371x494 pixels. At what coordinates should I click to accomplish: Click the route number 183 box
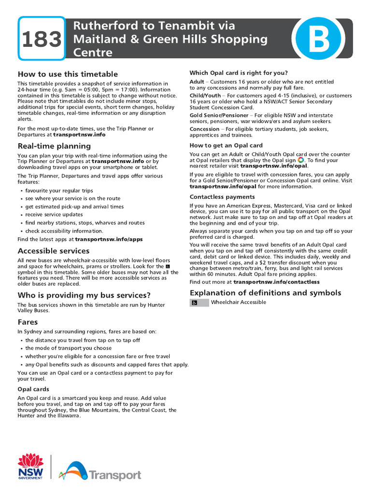tap(42, 39)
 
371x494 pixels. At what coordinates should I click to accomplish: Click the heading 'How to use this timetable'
tap(68, 74)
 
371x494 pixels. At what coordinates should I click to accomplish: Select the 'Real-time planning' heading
tap(54, 146)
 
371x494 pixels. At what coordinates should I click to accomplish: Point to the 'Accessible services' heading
tap(54, 251)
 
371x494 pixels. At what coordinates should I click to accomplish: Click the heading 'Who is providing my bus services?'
tap(84, 295)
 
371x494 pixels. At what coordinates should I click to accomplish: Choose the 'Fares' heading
tap(28, 321)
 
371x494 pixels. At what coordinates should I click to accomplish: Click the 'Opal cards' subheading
tap(33, 389)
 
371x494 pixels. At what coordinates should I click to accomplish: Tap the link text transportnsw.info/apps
tap(109, 239)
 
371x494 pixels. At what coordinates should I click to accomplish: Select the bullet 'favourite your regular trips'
tap(59, 191)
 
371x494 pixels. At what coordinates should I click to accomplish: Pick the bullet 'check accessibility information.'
tap(64, 231)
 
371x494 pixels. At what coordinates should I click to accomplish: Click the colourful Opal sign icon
tap(300, 160)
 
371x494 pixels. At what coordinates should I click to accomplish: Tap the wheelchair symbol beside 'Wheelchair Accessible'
tap(194, 302)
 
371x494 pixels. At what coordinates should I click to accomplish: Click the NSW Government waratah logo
tap(30, 466)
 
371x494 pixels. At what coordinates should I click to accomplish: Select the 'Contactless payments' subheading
tap(222, 197)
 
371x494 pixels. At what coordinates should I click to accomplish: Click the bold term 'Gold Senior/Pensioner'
tap(219, 115)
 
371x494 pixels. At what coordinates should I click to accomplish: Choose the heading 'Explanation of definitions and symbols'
tap(265, 293)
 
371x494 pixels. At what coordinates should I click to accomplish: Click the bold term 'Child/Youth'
tap(205, 96)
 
